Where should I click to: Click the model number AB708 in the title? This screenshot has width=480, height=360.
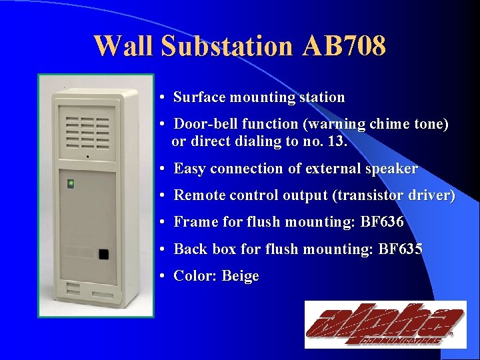[344, 47]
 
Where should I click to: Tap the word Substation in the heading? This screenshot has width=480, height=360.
[226, 47]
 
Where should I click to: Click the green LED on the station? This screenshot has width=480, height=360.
[71, 182]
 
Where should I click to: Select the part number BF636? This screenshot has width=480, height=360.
[382, 222]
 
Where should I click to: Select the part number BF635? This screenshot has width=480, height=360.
[400, 249]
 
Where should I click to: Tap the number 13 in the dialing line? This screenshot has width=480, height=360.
[337, 141]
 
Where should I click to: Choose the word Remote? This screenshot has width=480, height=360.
[198, 195]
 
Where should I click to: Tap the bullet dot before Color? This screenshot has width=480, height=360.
[163, 276]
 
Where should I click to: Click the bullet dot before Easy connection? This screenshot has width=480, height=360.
[163, 169]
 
